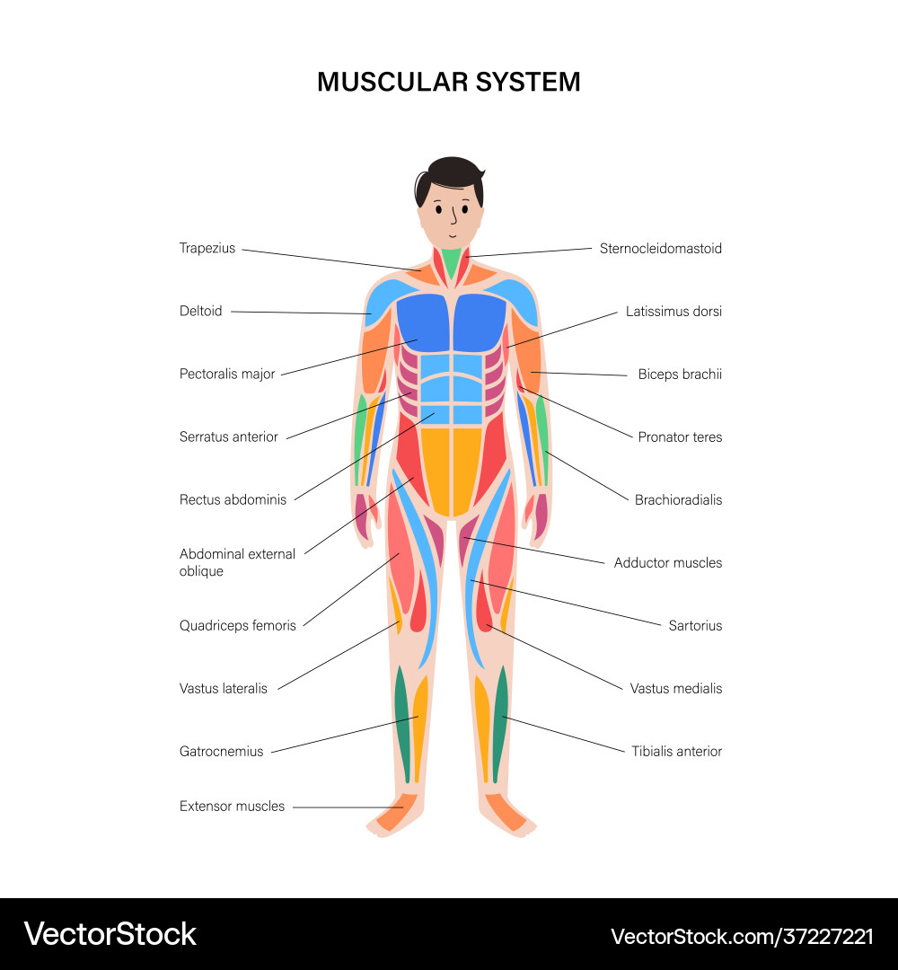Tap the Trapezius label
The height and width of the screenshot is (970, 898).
tap(207, 249)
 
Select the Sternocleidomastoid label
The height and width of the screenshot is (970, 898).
tap(660, 249)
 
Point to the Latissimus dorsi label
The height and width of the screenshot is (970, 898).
tap(673, 312)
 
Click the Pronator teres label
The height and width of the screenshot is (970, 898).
tap(680, 437)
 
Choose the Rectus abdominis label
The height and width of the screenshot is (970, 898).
tap(233, 500)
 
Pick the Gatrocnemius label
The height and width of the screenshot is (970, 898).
tap(222, 752)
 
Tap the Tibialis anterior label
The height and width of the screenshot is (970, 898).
tap(676, 752)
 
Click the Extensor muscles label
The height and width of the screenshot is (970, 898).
tap(232, 807)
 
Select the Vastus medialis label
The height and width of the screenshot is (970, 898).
tap(676, 689)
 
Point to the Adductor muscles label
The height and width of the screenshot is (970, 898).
tap(668, 563)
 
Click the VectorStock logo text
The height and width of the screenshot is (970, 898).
tap(110, 934)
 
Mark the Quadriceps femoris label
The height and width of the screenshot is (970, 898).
tap(238, 626)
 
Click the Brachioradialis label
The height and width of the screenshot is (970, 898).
tap(678, 500)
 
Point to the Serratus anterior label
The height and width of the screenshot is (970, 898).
tap(229, 437)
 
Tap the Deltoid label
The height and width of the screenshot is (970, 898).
tap(200, 312)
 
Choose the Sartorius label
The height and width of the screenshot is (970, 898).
tap(695, 626)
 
